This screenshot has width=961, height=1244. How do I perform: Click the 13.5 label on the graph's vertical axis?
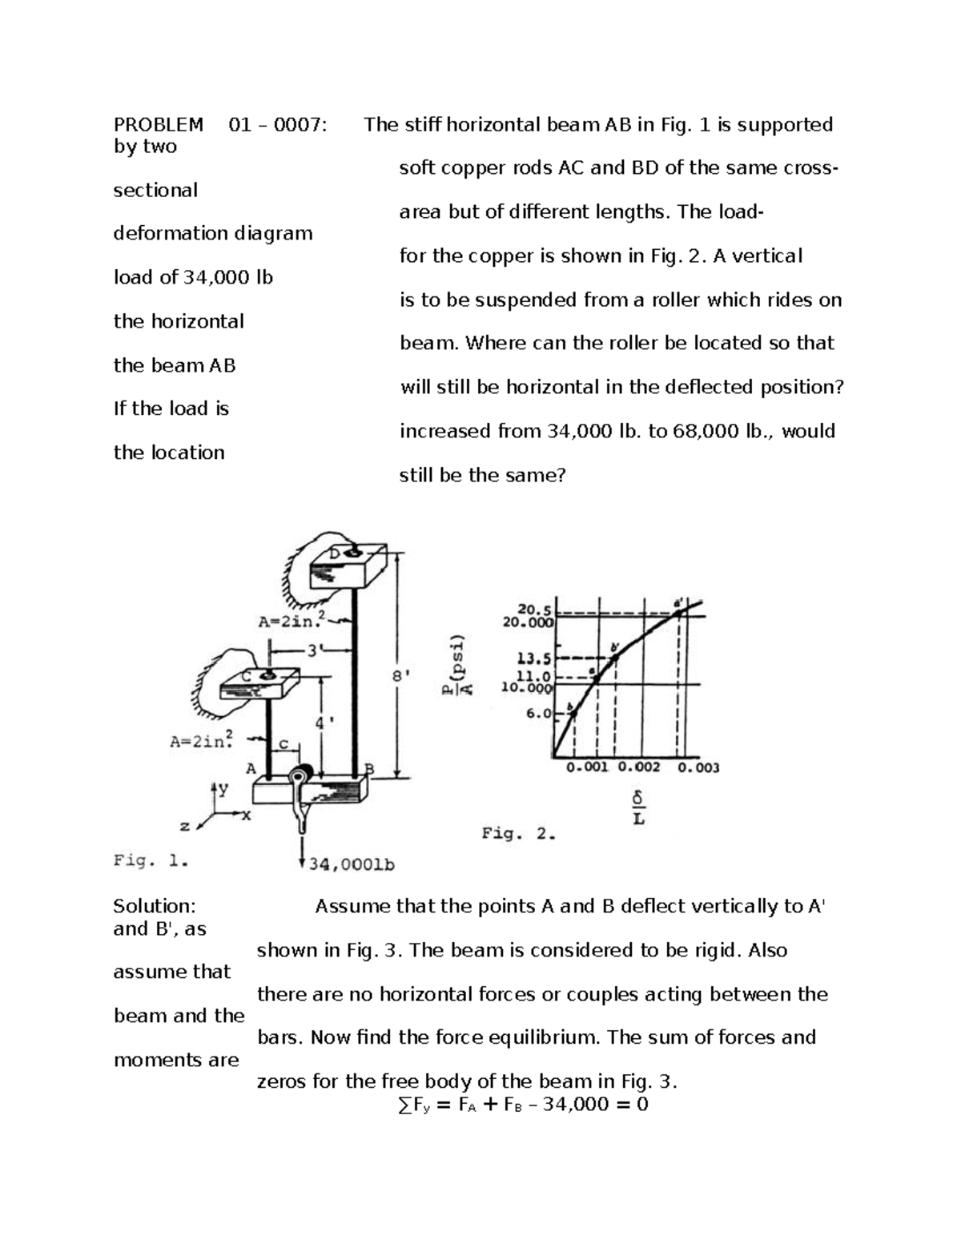coord(534,659)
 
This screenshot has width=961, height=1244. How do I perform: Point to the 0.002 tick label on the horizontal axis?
coord(639,767)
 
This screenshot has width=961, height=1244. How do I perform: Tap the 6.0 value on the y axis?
coord(538,713)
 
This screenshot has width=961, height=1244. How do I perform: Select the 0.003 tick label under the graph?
coord(698,767)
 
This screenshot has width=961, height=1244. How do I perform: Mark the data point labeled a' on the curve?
coord(678,613)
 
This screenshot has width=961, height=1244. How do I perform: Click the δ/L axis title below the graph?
coord(638,809)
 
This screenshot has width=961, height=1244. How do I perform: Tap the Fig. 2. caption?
coord(518,834)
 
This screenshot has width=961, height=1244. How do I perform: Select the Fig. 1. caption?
coord(151,861)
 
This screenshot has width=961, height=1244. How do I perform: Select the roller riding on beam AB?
coord(301,777)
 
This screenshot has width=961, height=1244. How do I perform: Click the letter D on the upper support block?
coord(336,554)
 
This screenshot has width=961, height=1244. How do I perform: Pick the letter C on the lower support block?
coord(247,677)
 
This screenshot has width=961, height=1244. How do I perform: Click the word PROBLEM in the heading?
coord(159,125)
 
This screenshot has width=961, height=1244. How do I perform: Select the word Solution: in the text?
coord(155,906)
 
